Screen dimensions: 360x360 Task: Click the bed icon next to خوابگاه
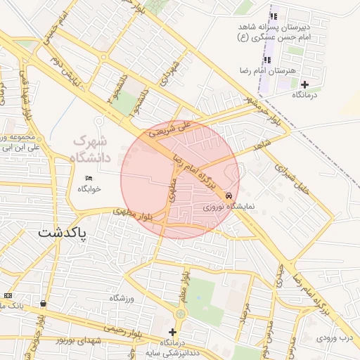click(89, 178)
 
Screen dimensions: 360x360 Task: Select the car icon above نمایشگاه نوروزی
click(229, 195)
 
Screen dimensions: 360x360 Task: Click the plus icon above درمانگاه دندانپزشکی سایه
click(173, 332)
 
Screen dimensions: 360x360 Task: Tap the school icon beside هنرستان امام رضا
click(266, 60)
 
